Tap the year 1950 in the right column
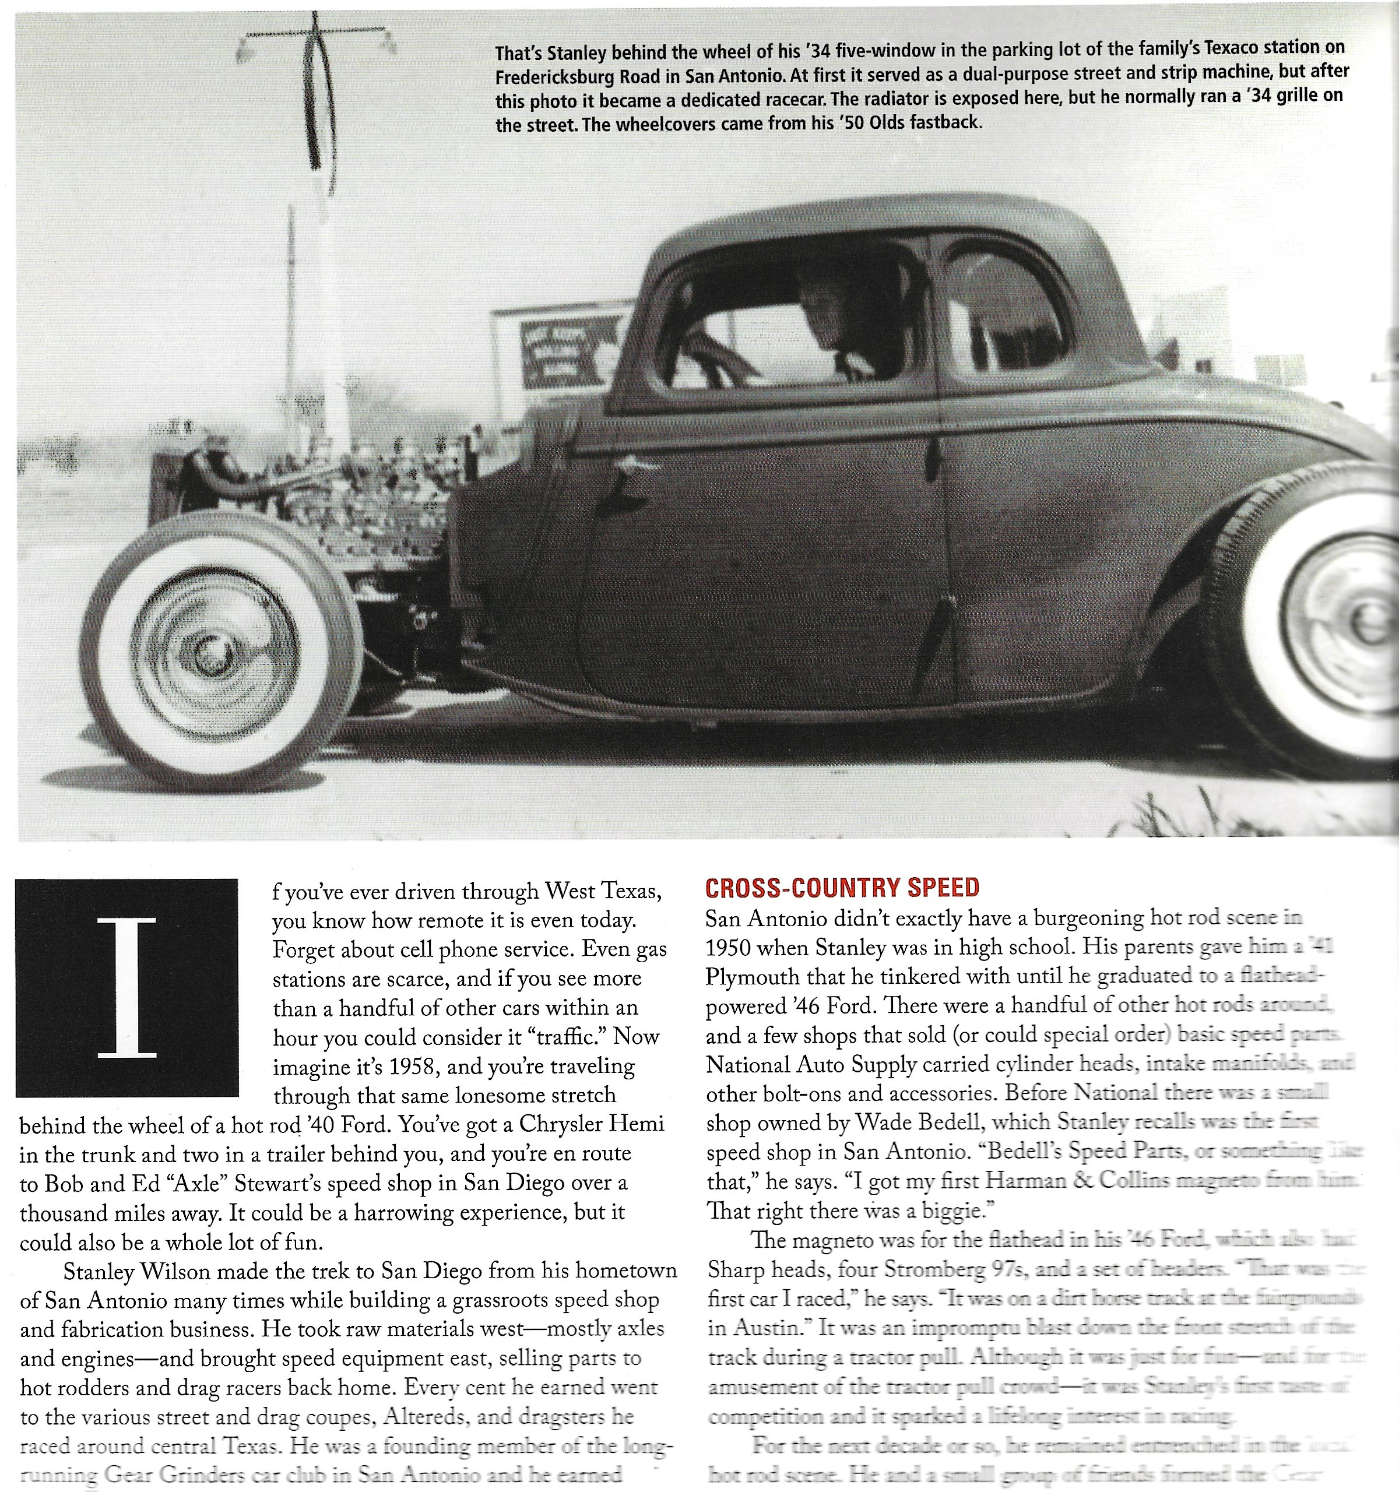(728, 948)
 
